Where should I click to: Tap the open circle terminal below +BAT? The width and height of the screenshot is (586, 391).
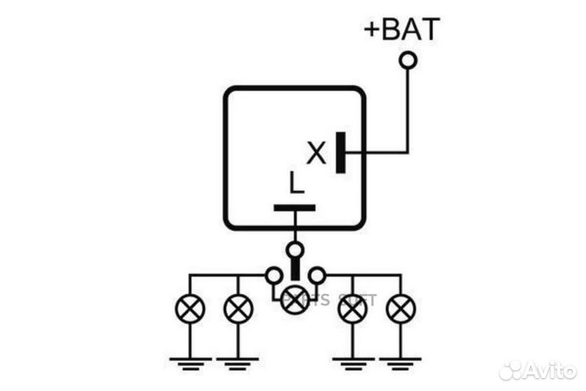408,59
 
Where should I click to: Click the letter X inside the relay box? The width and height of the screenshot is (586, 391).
316,152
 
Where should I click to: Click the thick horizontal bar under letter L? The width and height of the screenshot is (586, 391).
294,208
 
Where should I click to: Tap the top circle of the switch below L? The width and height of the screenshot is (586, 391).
295,248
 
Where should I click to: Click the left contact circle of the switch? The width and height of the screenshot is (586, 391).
273,275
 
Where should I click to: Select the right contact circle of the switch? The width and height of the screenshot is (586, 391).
317,275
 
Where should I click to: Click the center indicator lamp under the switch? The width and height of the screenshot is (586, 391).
294,301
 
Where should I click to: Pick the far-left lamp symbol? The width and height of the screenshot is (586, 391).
190,309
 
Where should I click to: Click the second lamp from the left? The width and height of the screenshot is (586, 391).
238,309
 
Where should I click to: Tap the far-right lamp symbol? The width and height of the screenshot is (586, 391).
400,309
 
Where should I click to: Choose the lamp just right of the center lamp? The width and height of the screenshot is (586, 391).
352,309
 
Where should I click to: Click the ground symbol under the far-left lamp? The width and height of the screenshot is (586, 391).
190,359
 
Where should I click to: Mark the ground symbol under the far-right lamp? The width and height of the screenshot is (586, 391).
400,359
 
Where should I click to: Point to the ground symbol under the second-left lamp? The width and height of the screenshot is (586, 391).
238,359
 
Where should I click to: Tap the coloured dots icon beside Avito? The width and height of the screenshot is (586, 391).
511,370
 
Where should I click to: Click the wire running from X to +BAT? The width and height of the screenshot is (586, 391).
408,122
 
